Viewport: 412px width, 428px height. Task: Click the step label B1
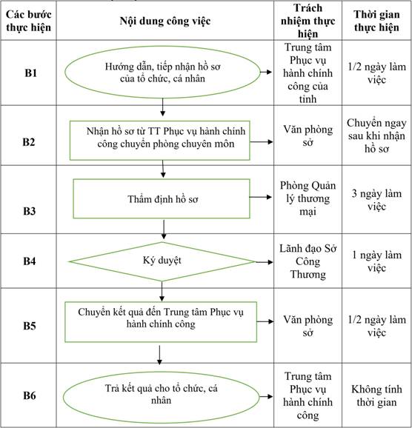[x=30, y=73]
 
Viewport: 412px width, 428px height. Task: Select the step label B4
[x=29, y=261]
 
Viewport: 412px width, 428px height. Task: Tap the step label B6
[x=29, y=395]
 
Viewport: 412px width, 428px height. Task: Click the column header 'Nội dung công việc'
[x=165, y=21]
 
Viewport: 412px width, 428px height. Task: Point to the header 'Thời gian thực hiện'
[x=376, y=21]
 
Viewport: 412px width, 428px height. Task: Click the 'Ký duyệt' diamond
[x=162, y=261]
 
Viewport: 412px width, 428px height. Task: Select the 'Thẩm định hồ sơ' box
[x=162, y=198]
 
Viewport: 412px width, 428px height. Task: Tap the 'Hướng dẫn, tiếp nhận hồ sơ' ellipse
[x=162, y=73]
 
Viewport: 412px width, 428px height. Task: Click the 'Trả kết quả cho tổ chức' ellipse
[x=162, y=397]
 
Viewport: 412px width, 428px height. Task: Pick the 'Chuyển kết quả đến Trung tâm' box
[x=161, y=322]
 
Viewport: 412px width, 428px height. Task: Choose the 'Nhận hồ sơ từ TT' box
[x=160, y=140]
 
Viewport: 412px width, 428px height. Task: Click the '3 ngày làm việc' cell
[x=376, y=200]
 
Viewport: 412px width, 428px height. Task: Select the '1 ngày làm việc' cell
[x=376, y=261]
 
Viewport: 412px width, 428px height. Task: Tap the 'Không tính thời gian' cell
[x=376, y=395]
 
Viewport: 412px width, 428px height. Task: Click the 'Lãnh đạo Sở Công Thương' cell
[x=308, y=261]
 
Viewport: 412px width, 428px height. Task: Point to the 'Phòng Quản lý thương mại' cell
[x=308, y=198]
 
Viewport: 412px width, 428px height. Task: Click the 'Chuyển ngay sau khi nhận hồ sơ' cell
[x=376, y=136]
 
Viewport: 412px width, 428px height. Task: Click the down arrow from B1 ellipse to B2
[x=162, y=107]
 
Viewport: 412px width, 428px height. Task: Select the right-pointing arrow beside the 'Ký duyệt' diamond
[x=265, y=262]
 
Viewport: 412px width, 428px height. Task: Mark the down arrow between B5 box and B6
[x=159, y=355]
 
